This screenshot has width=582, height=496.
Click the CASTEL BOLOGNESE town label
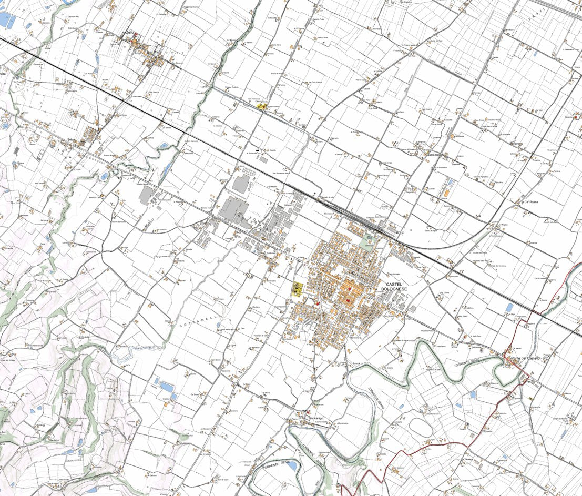point(397,286)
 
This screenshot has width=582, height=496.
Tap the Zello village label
point(130,33)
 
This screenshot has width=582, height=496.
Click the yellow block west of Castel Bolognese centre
point(298,289)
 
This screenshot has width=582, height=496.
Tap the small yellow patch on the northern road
point(260,106)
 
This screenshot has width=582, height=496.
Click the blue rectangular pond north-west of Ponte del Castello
point(509,307)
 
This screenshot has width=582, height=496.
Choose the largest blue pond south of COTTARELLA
point(168,387)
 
